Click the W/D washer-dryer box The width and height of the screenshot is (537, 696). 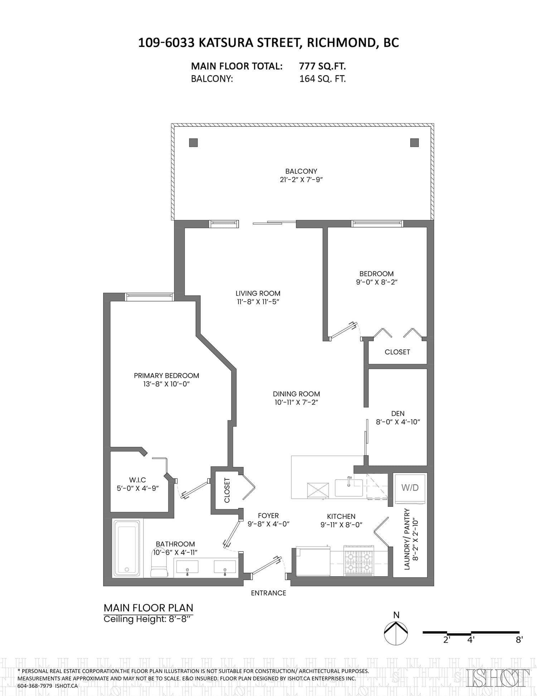pyautogui.click(x=410, y=488)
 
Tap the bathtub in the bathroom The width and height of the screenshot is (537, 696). pyautogui.click(x=127, y=548)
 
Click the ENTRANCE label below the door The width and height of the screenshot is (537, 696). pyautogui.click(x=268, y=593)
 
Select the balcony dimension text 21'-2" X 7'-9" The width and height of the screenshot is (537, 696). pyautogui.click(x=301, y=180)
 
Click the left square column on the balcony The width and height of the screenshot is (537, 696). pyautogui.click(x=193, y=143)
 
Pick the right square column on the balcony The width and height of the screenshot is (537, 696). pyautogui.click(x=415, y=143)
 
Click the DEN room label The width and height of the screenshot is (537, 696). pyautogui.click(x=398, y=414)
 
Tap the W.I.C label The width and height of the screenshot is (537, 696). pyautogui.click(x=137, y=480)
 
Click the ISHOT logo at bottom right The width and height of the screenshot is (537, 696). pyautogui.click(x=498, y=678)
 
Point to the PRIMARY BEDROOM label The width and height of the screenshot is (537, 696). pyautogui.click(x=166, y=376)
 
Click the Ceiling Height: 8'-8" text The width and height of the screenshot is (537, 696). pyautogui.click(x=148, y=619)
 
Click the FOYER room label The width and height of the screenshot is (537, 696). pyautogui.click(x=268, y=516)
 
